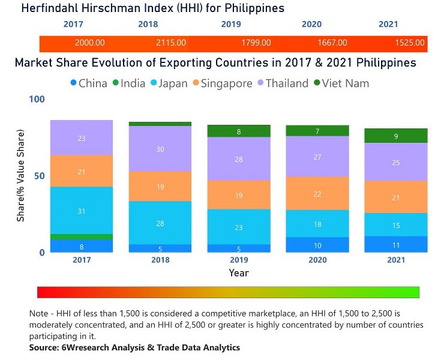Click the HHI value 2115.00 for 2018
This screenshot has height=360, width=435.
(171, 43)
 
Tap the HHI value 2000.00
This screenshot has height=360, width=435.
(90, 43)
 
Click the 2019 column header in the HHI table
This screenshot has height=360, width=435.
(230, 25)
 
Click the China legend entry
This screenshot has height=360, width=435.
(89, 83)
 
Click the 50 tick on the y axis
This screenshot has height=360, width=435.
(39, 176)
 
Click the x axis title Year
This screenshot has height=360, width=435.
(238, 273)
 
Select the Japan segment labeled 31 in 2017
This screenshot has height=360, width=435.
(82, 211)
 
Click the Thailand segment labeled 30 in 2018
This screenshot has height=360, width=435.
(160, 149)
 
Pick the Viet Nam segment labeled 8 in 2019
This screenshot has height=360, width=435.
(239, 131)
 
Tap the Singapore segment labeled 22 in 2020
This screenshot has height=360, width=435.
(317, 193)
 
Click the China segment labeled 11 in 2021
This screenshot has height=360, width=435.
(396, 244)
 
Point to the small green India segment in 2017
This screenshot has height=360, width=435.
(82, 236)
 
